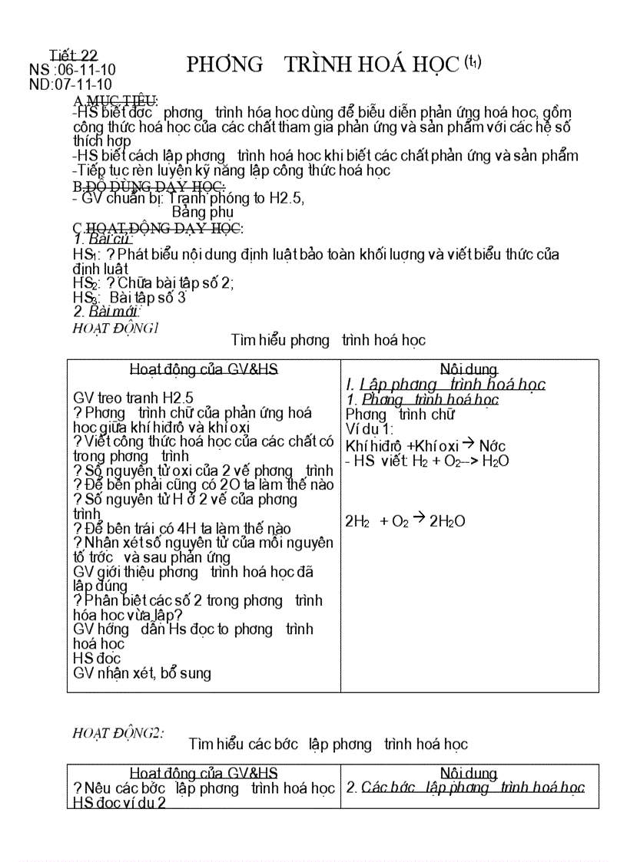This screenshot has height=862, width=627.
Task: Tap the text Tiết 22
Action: tap(74, 55)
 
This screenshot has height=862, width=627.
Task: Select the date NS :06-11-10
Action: tap(72, 70)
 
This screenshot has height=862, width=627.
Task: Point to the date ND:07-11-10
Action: tap(71, 84)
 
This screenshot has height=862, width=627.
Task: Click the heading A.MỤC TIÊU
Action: tap(115, 101)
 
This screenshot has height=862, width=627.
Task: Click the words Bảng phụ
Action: tap(202, 212)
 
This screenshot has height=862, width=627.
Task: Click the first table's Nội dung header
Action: tap(469, 369)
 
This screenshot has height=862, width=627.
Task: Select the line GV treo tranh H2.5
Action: tap(134, 398)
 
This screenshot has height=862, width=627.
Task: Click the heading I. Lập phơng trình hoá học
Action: tap(446, 385)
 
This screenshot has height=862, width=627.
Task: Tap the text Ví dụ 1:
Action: tap(370, 429)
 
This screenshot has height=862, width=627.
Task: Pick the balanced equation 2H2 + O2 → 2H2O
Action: tap(405, 521)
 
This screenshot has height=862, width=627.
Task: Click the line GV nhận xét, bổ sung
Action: tap(142, 673)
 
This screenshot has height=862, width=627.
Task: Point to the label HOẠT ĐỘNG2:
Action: tap(118, 733)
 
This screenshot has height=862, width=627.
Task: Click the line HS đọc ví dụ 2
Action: tap(120, 803)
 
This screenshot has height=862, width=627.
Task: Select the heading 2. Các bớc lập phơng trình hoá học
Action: tap(466, 788)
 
